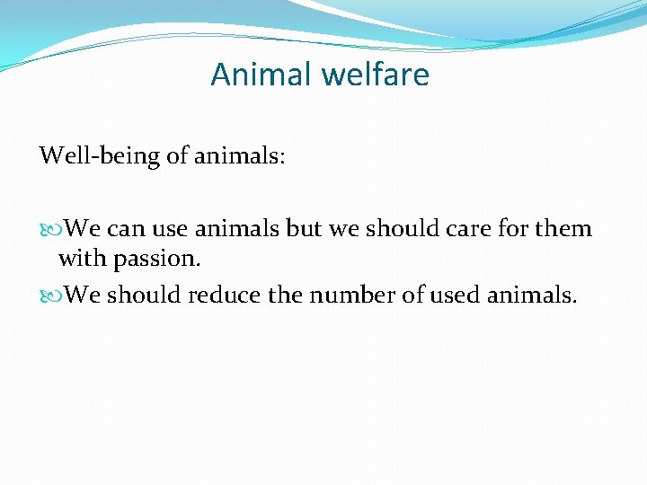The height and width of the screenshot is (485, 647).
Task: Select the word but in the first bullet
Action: coord(304,229)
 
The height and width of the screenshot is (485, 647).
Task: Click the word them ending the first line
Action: coord(563,229)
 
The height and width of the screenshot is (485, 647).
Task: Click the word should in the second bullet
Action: coord(139,295)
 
